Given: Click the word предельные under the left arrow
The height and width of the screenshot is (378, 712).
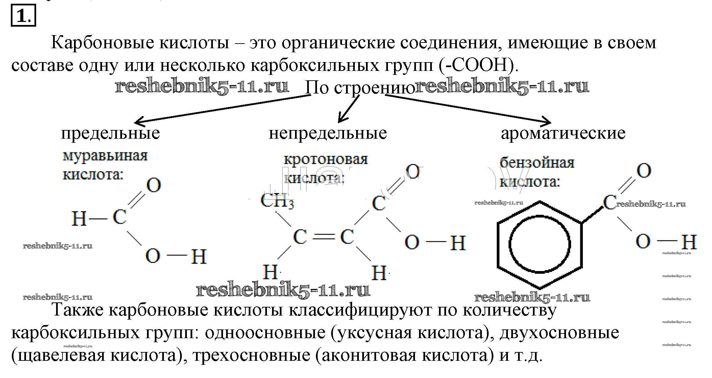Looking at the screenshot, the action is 111,133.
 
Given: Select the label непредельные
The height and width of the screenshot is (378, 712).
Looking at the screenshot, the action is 328,133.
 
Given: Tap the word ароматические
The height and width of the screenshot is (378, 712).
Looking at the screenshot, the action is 563,133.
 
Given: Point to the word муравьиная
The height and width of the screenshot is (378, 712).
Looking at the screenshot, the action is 105,156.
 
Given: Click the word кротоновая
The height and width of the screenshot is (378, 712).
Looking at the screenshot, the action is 325,159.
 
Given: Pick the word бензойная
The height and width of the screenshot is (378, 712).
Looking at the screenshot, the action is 537,163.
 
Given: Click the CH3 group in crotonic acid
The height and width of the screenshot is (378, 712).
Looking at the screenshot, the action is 277,201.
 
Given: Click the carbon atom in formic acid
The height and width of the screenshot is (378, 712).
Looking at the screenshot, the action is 120,217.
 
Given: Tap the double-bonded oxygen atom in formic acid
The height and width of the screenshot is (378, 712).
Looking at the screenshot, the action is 153,185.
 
